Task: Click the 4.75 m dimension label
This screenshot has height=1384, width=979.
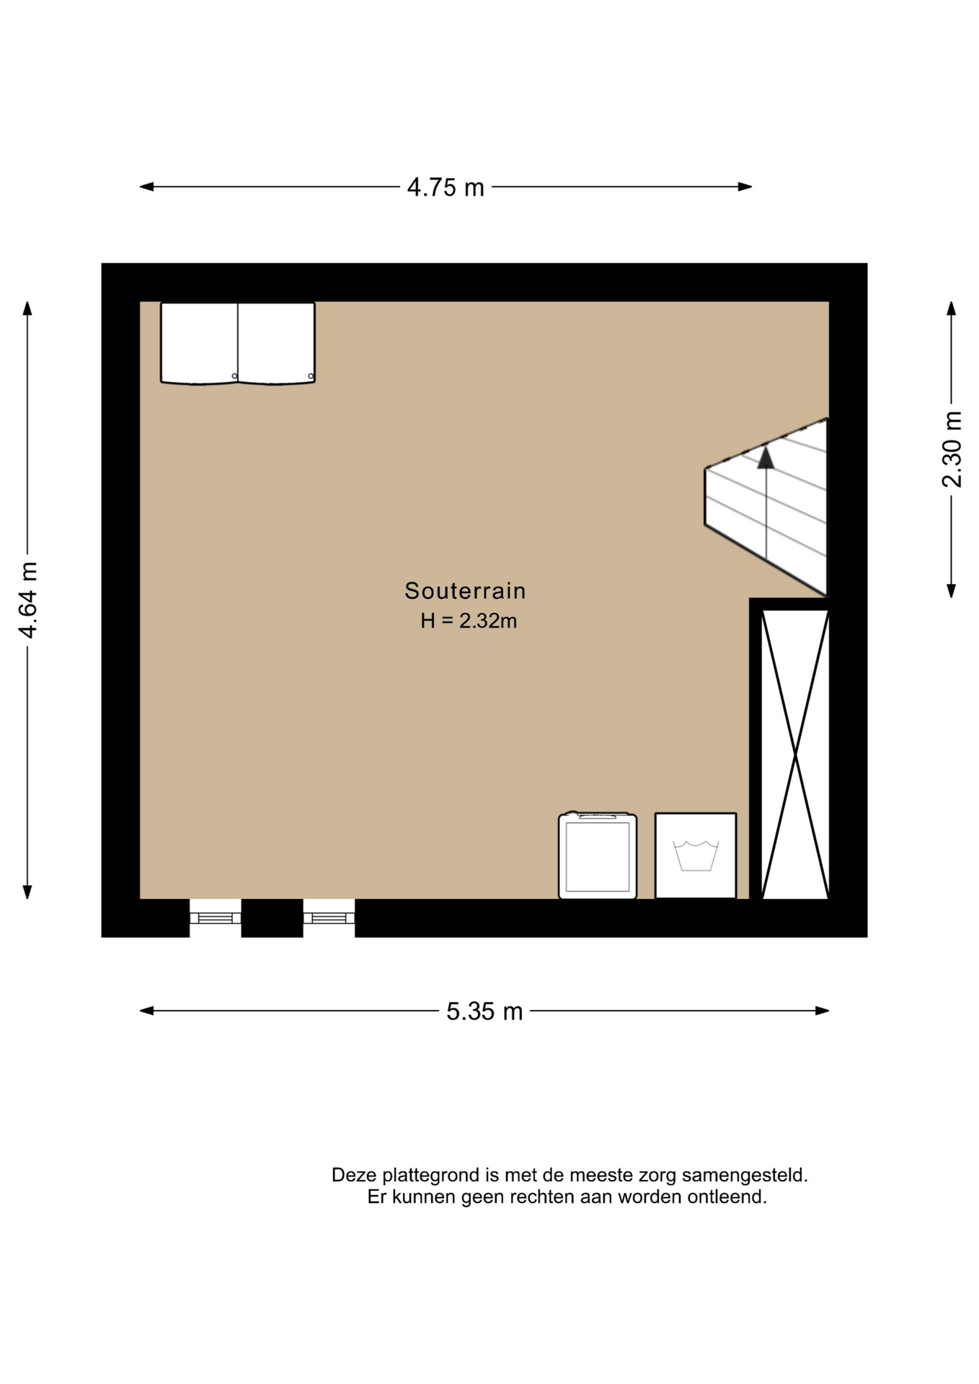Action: pos(446,187)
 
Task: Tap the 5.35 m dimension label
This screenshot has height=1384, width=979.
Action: pos(484,1011)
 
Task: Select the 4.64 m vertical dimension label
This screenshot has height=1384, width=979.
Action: pos(28,600)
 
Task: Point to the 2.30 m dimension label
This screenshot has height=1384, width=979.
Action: pos(952,449)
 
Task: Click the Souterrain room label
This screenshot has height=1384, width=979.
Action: pos(465,591)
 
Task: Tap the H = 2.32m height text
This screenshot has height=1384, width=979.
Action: pos(469,621)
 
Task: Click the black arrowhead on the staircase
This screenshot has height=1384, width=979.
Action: pos(766,458)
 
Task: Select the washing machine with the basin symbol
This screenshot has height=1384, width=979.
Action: pos(696,856)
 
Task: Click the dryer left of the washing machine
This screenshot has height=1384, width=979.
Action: pos(598,855)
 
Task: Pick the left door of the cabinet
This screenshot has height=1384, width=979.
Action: pos(200,343)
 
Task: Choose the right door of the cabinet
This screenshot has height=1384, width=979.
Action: pos(277,343)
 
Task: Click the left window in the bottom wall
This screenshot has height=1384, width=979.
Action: pos(216,918)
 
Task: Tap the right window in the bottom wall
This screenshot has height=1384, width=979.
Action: pos(329,918)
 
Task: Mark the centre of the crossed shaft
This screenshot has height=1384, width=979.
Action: pos(795,755)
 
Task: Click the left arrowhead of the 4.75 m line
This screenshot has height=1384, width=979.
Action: pos(146,187)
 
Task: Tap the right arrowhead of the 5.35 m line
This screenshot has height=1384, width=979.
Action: pos(822,1011)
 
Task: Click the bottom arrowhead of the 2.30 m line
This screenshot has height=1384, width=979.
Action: pos(952,591)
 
